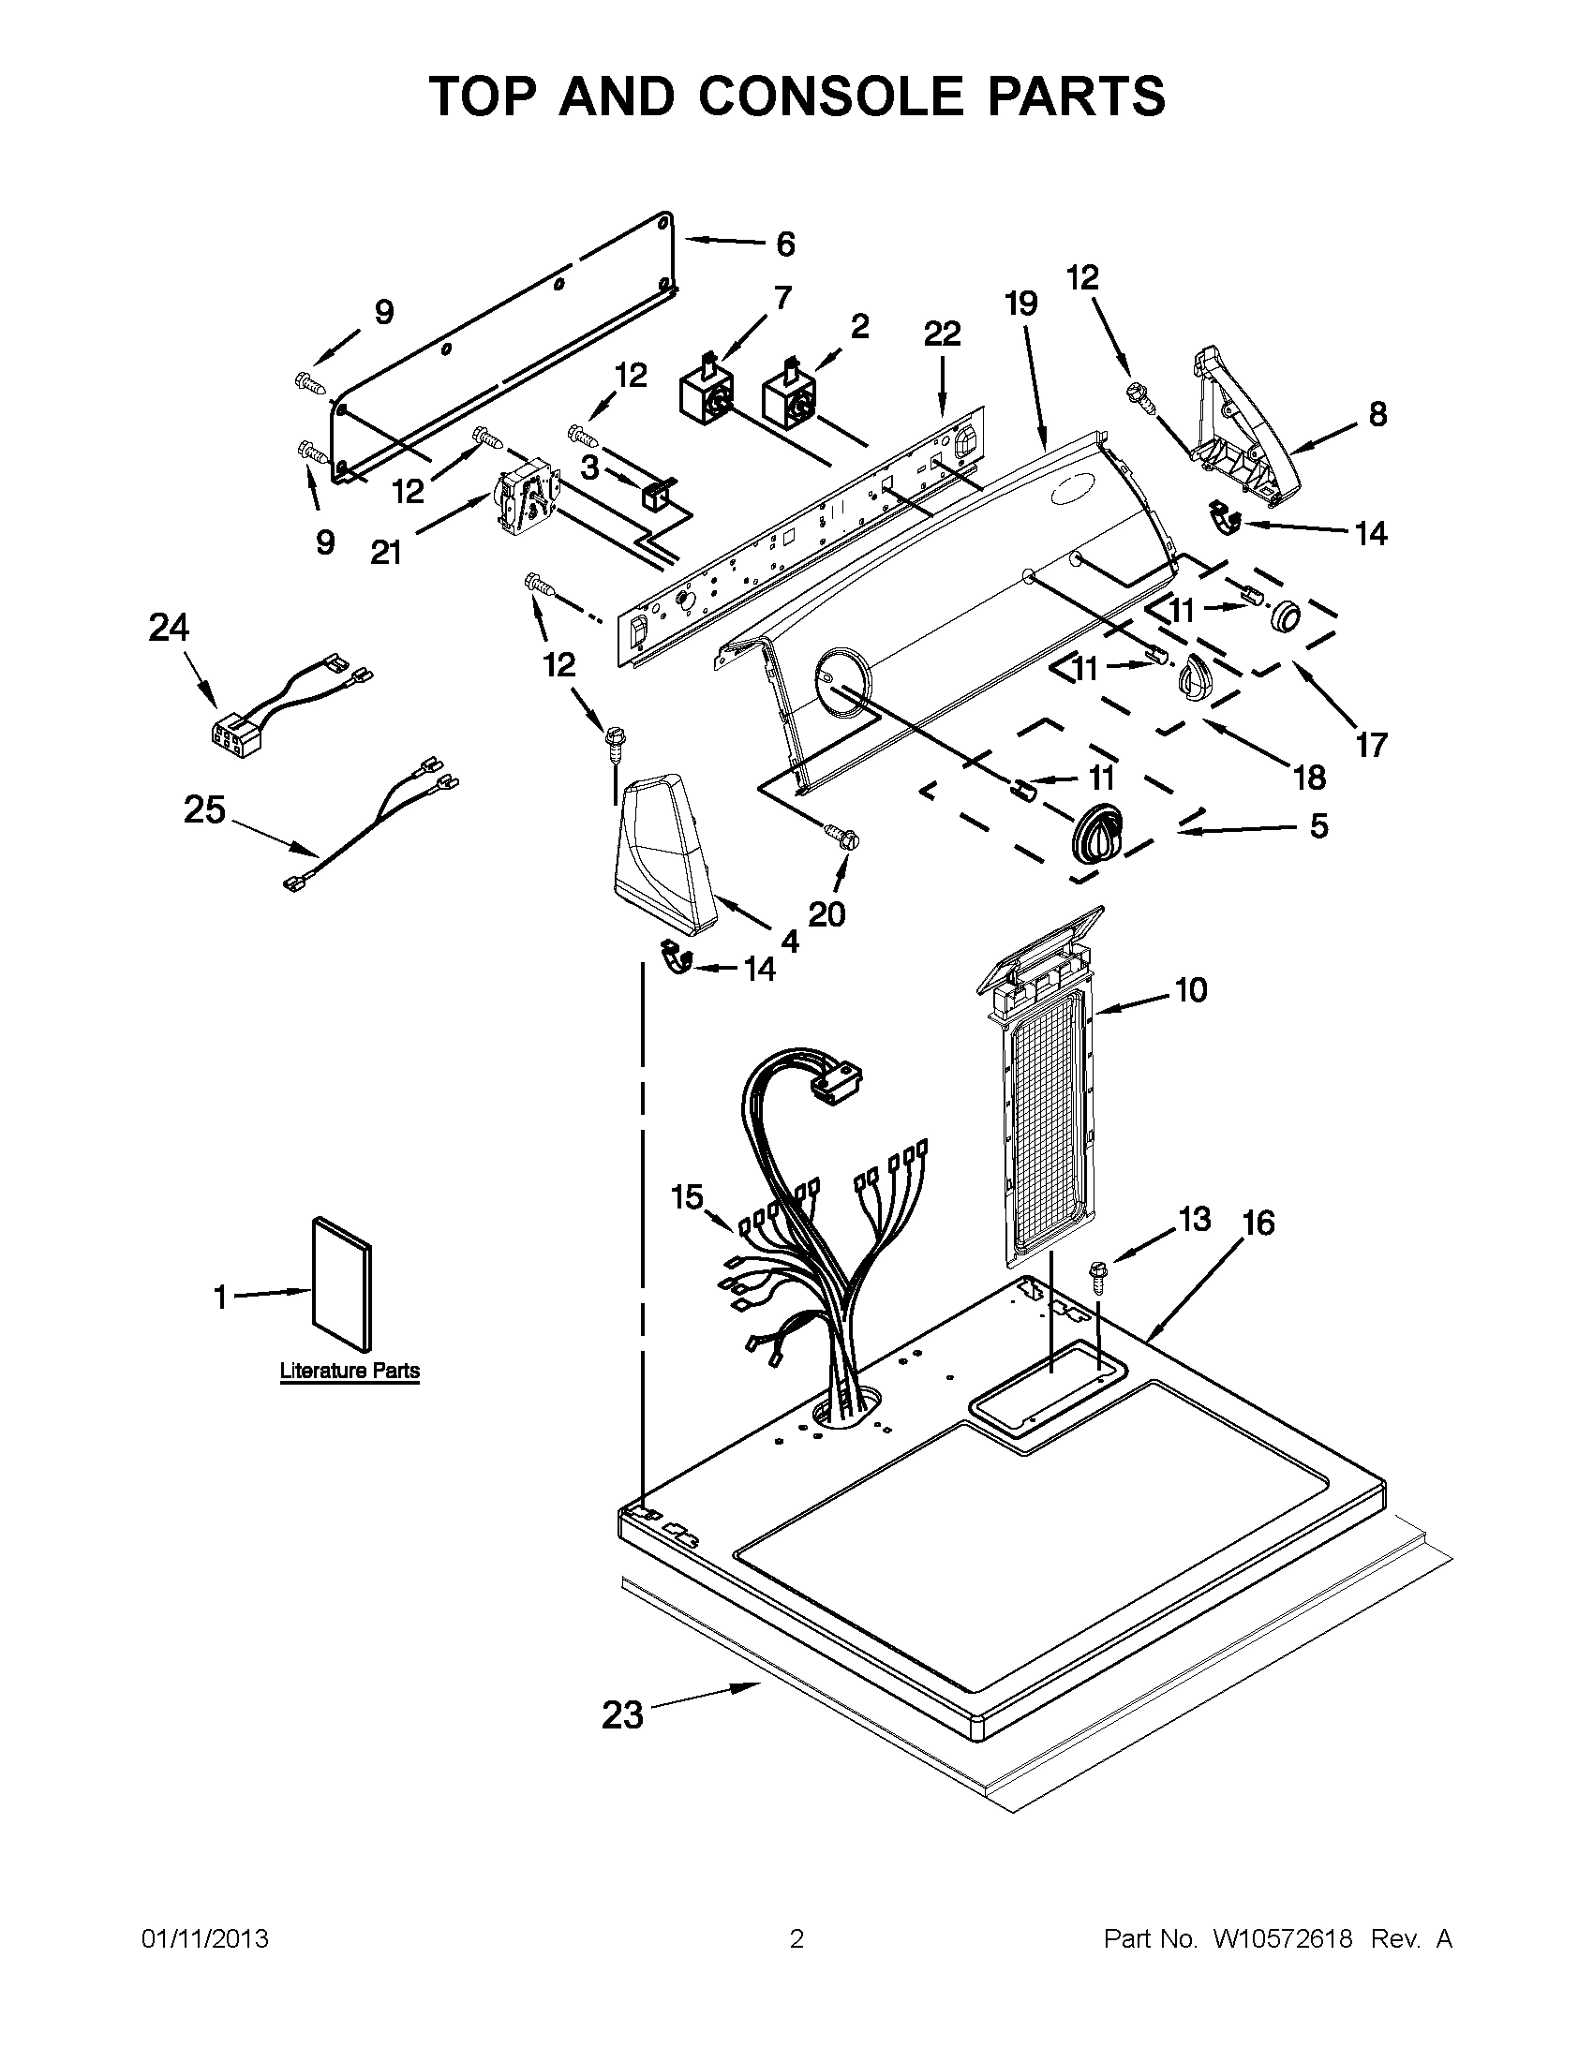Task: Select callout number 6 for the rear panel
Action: click(x=784, y=245)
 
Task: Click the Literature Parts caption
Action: click(x=350, y=1371)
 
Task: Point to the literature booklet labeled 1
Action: click(x=342, y=1284)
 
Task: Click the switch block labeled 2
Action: click(x=788, y=393)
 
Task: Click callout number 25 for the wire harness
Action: click(x=205, y=809)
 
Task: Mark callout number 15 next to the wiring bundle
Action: click(x=687, y=1197)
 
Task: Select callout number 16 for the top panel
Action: click(x=1258, y=1223)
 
